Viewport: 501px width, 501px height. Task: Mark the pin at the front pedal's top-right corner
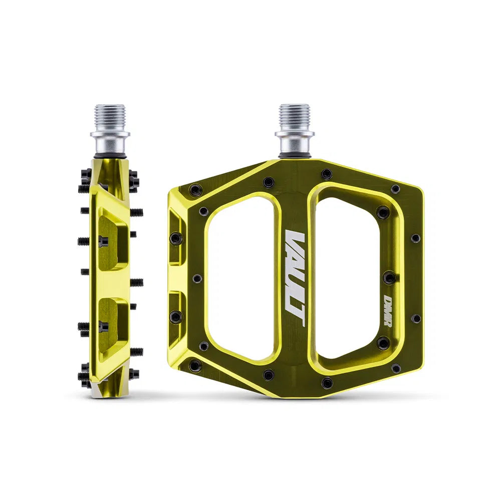(x=395, y=189)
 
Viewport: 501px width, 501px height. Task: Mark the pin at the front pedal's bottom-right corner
(x=395, y=368)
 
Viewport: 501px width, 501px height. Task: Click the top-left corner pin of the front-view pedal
(x=196, y=190)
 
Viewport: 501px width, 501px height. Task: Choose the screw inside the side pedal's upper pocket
(x=102, y=240)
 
